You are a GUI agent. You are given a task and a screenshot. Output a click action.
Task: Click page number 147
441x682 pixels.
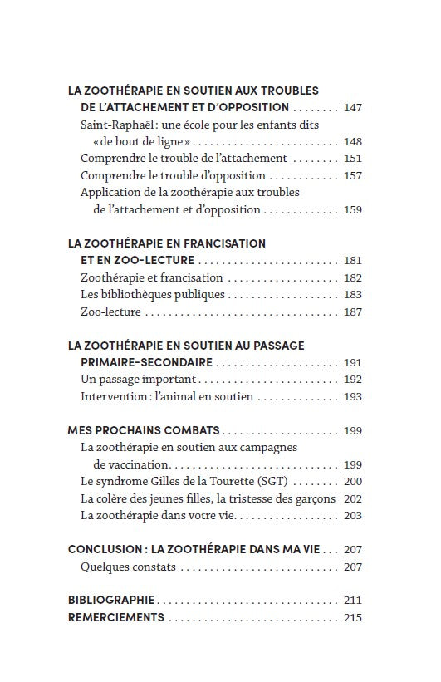[352, 108]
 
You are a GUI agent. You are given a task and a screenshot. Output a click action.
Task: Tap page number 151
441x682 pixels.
[352, 159]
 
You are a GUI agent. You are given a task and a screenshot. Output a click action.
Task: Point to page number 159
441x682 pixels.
[352, 210]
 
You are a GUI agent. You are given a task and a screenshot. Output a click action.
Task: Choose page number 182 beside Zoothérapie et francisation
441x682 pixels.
[352, 278]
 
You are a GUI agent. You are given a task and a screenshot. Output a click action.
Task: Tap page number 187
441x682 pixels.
[352, 312]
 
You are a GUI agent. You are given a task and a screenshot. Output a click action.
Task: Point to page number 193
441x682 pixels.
[352, 397]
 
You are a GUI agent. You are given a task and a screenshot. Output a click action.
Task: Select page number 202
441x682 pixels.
[352, 499]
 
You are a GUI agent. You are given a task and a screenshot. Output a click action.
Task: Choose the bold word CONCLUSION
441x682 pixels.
[103, 550]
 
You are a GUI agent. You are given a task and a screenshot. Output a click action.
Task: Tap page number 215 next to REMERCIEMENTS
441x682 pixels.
[352, 618]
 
